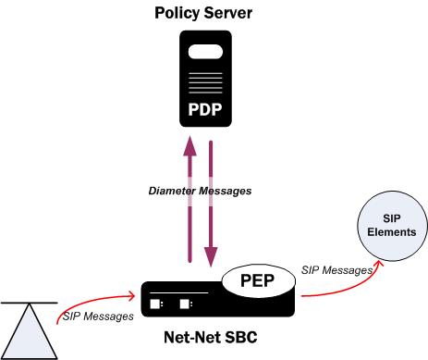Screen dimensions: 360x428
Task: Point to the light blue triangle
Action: pos(32,333)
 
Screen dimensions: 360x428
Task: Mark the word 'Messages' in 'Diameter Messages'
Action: pos(226,191)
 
